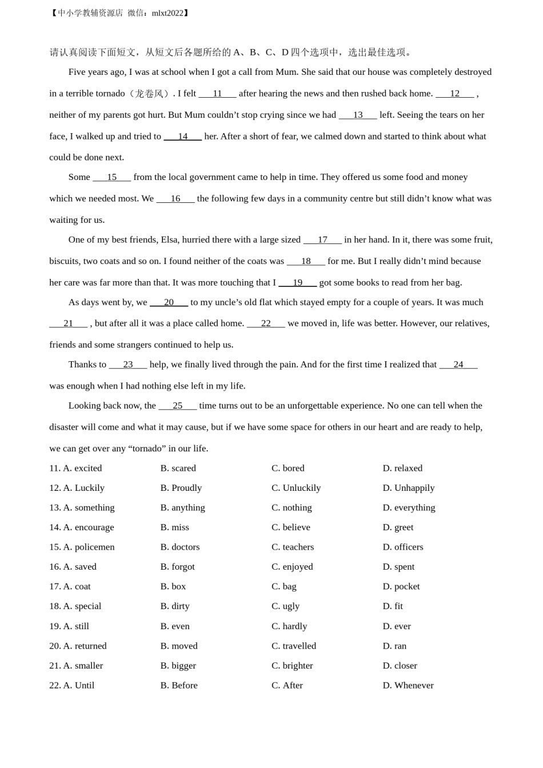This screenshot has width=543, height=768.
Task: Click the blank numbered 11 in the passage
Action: (217, 94)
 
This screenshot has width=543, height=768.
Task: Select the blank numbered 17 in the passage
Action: (322, 240)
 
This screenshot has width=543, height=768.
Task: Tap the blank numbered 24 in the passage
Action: (458, 365)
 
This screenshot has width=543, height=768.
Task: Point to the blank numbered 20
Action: (169, 302)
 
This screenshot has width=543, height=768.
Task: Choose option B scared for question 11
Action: (178, 468)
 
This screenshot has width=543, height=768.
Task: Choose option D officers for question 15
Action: (403, 547)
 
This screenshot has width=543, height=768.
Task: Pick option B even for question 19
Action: (175, 626)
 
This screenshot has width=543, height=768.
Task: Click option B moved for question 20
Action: (179, 646)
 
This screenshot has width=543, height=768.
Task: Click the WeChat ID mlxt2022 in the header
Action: (167, 13)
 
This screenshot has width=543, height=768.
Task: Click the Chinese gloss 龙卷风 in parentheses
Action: (149, 94)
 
